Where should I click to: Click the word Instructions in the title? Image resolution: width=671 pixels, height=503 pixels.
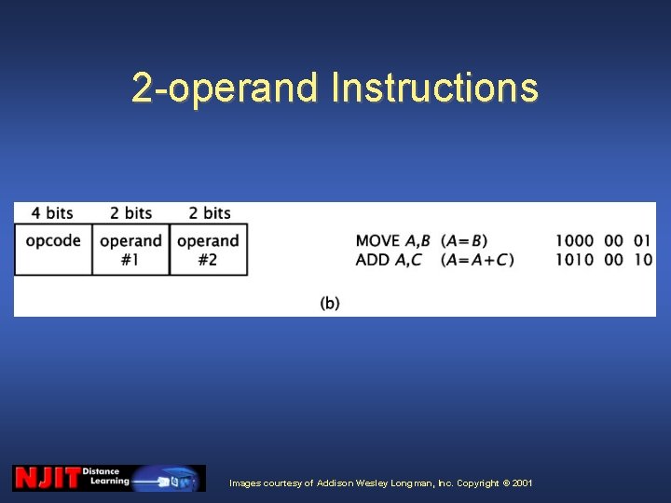434,88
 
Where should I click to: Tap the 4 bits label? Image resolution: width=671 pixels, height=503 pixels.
52,213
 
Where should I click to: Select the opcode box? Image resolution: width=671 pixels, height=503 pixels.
53,249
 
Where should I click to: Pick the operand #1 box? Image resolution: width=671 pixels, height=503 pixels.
130,249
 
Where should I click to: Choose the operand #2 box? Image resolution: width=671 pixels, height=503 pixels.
208,249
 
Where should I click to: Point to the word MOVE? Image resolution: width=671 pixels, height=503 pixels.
377,241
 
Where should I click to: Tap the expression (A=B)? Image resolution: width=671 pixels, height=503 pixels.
464,241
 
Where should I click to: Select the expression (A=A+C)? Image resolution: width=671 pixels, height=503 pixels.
477,260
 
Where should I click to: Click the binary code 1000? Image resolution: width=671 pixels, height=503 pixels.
575,241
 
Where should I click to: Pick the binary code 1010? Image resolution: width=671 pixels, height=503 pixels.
575,260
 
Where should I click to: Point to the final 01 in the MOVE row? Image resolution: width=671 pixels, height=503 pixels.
643,241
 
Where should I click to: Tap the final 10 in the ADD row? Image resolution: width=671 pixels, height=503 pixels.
643,260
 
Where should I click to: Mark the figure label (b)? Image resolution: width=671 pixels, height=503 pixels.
330,303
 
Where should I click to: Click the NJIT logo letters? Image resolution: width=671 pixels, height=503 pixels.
47,478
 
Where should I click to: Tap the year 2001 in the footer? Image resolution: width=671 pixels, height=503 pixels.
523,483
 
